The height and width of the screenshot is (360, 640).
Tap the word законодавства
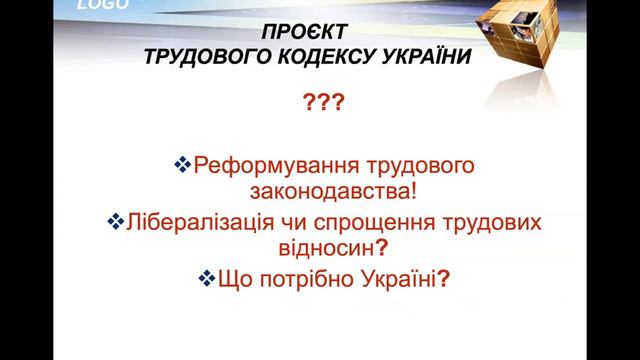pyautogui.click(x=316, y=190)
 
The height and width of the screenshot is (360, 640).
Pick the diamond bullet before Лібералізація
pyautogui.click(x=115, y=219)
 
